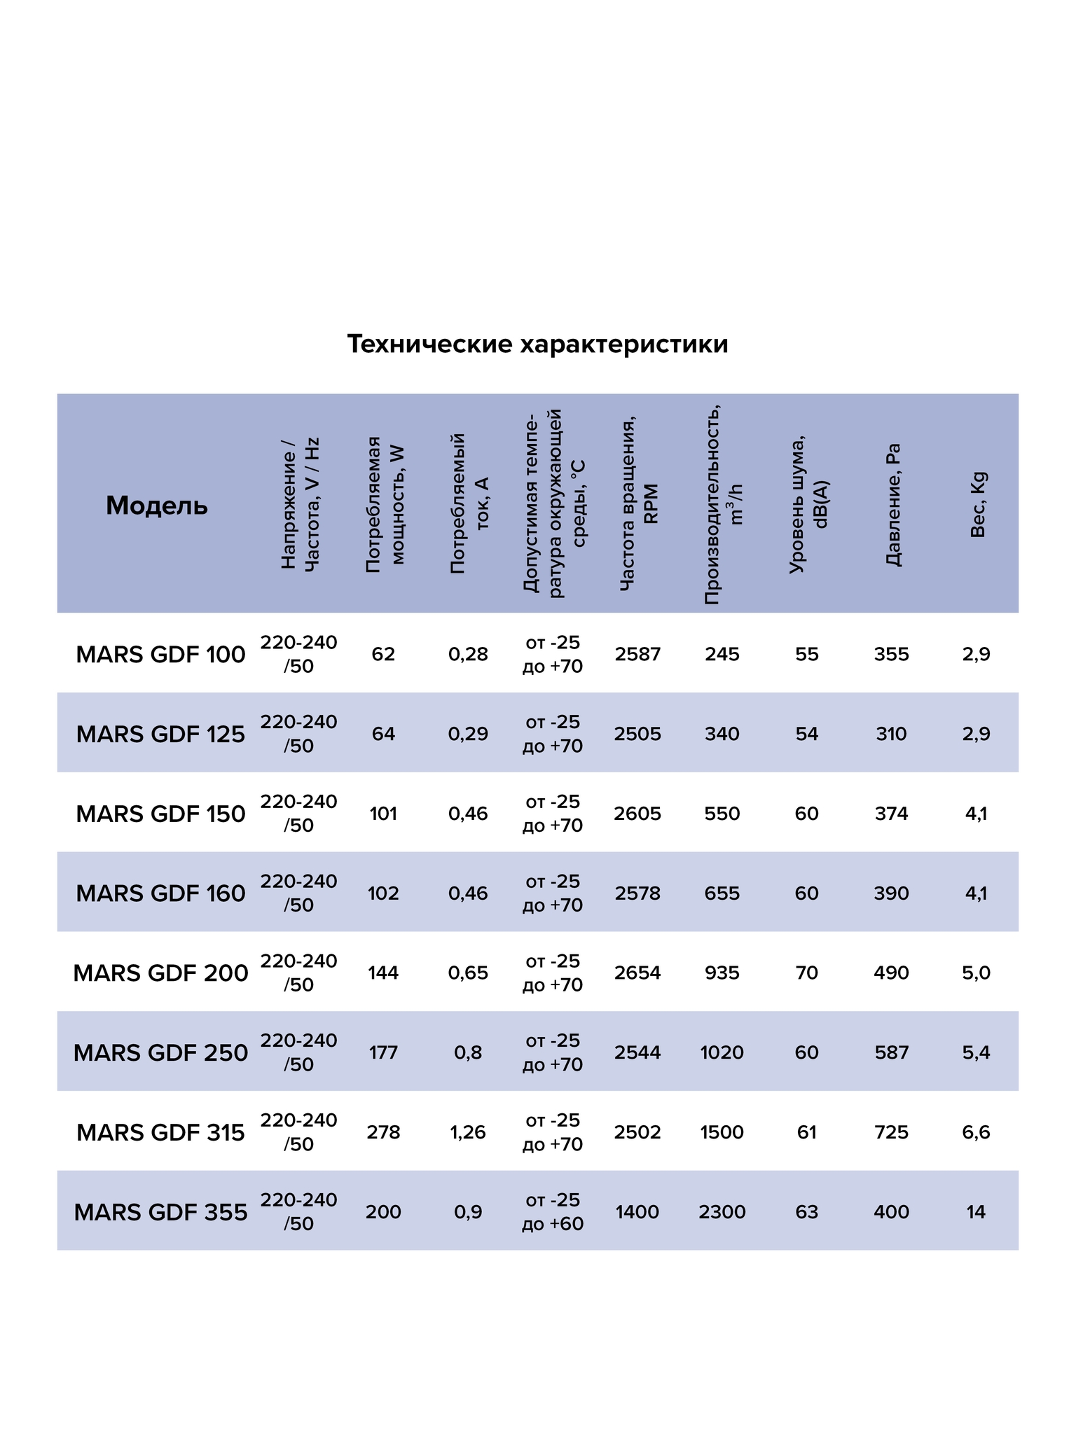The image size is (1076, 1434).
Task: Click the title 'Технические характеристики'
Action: tap(537, 344)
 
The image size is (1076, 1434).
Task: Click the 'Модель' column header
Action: tap(157, 506)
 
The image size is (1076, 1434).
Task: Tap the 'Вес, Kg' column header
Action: tap(977, 505)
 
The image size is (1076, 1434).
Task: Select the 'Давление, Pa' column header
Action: tap(892, 505)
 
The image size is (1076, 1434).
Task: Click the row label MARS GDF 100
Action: tap(160, 655)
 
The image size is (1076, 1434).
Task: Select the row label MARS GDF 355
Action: tap(160, 1212)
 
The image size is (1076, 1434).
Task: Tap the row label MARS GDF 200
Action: tap(160, 973)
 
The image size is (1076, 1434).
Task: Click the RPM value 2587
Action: tap(637, 655)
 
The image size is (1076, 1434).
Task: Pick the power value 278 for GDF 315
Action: tap(383, 1132)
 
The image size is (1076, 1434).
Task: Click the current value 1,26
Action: tap(468, 1132)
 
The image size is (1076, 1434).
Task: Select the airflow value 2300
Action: tap(722, 1212)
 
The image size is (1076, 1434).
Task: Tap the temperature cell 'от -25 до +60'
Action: tap(553, 1212)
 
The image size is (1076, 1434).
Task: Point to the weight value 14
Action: tap(976, 1212)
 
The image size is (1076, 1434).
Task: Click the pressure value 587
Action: tap(892, 1052)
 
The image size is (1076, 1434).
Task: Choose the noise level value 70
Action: tap(807, 973)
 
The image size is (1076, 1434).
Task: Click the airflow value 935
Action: tap(722, 973)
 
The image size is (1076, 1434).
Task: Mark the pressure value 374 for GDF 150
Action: tap(892, 814)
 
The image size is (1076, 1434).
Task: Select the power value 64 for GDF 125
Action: tap(383, 734)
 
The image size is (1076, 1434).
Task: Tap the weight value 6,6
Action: tap(976, 1132)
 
